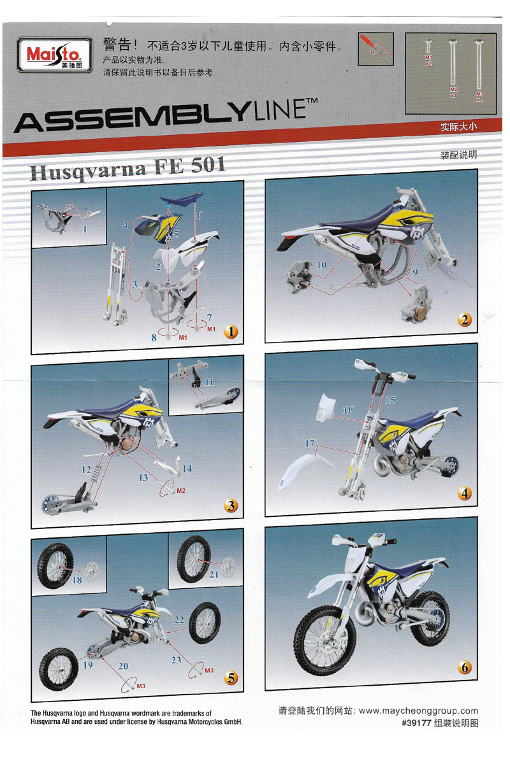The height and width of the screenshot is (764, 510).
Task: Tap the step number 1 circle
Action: pyautogui.click(x=231, y=331)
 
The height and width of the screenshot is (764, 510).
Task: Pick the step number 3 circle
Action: pyautogui.click(x=231, y=506)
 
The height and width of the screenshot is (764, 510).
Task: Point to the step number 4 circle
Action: pyautogui.click(x=464, y=493)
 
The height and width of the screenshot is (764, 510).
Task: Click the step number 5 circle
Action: pyautogui.click(x=231, y=678)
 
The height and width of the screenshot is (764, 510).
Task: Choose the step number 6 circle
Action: pyautogui.click(x=464, y=667)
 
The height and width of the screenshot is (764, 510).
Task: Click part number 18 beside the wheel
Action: pyautogui.click(x=77, y=580)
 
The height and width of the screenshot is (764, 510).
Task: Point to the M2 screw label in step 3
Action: pyautogui.click(x=181, y=491)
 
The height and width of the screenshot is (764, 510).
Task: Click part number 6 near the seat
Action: pyautogui.click(x=199, y=216)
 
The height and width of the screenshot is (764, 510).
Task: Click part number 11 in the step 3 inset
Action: pyautogui.click(x=208, y=382)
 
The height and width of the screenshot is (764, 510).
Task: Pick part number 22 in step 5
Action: pyautogui.click(x=179, y=619)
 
